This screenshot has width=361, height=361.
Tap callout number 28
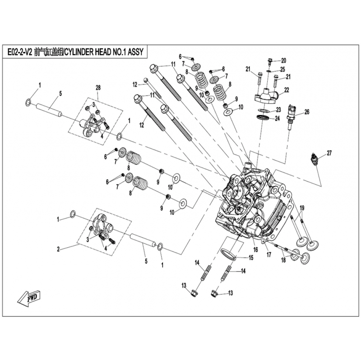tap(98, 87)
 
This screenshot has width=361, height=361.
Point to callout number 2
tap(58, 249)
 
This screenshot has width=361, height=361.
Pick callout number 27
tap(329, 153)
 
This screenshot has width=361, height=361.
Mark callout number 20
tap(283, 60)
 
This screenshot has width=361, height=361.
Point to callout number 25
tap(282, 69)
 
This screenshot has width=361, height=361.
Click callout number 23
tap(278, 109)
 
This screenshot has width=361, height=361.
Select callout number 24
tap(278, 119)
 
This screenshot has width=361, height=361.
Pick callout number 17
tap(269, 254)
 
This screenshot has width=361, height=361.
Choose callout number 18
tap(283, 261)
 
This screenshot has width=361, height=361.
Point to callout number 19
tap(302, 208)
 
